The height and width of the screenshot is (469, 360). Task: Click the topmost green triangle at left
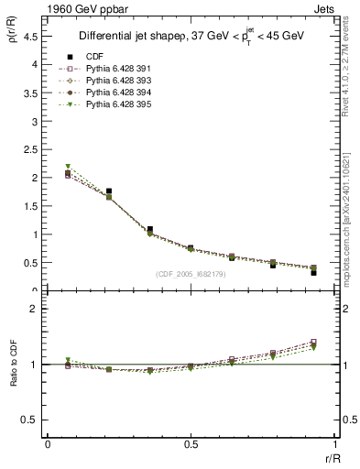[68, 166]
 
